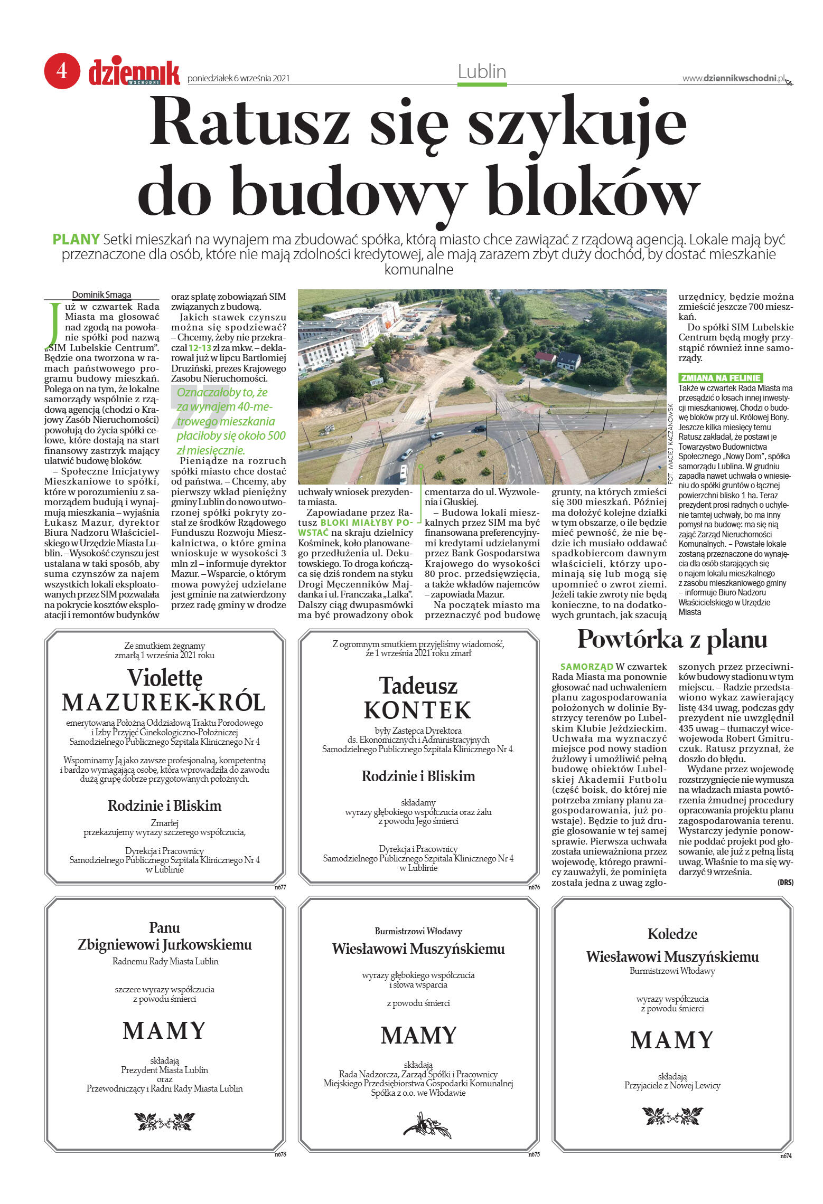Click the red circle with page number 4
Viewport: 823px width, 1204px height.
62,71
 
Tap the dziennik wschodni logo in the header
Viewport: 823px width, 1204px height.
134,72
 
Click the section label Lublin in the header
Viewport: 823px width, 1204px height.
482,72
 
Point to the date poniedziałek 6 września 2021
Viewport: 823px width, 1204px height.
239,79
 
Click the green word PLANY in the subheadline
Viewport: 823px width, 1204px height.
76,240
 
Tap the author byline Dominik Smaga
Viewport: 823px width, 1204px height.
101,295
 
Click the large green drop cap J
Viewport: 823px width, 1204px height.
53,323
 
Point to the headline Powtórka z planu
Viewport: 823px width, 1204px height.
672,640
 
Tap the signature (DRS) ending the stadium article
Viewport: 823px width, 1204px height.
785,883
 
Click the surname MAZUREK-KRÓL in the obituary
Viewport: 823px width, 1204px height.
164,703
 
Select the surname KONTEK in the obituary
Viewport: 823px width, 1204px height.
417,710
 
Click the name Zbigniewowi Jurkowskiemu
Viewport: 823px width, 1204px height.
164,944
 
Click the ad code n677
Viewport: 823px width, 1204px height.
280,887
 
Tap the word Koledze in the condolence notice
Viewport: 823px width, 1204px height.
672,934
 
